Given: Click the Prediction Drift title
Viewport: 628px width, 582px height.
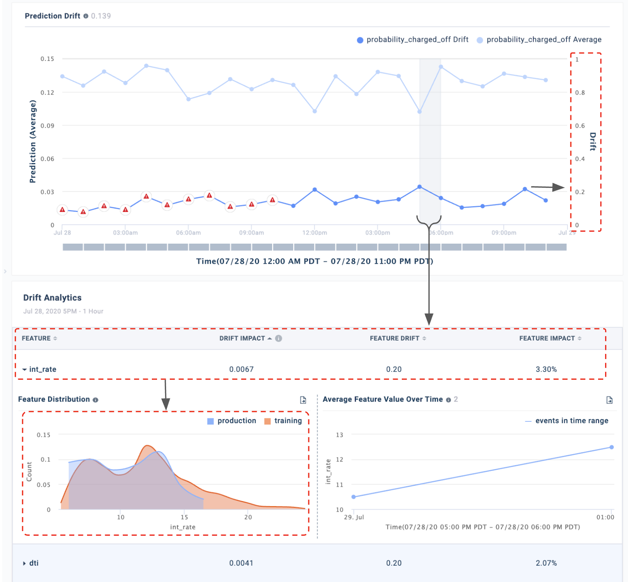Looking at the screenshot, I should click(x=52, y=16).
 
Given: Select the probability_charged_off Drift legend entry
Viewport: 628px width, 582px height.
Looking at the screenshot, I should click(x=413, y=40).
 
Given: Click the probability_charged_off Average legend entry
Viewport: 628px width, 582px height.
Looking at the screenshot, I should click(x=539, y=40).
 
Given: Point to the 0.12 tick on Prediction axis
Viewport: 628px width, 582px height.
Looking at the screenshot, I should click(x=47, y=92).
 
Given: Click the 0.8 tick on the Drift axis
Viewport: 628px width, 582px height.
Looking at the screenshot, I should click(x=580, y=93).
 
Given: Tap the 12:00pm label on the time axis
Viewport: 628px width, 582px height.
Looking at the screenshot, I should click(x=314, y=233).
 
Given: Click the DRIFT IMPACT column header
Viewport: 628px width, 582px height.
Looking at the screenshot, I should click(x=242, y=338).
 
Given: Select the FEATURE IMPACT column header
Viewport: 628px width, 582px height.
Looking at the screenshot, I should click(x=547, y=338).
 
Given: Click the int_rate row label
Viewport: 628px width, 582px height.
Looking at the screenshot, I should click(x=42, y=369).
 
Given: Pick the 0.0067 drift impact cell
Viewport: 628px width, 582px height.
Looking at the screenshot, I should click(x=241, y=369).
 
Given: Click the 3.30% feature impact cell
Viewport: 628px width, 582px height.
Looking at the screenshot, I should click(x=546, y=369).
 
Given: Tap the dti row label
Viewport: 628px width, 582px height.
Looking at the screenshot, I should click(x=34, y=563).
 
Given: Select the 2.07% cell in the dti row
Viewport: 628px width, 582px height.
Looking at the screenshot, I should click(x=546, y=563).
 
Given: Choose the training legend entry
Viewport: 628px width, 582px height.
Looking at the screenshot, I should click(x=283, y=421).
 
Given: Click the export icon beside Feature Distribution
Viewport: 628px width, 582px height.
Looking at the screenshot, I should click(x=303, y=400).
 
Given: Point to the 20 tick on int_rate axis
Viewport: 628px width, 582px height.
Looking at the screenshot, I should click(x=248, y=517).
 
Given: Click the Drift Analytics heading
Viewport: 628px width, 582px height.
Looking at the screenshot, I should click(x=52, y=297).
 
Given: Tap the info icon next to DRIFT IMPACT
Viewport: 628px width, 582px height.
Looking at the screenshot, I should click(x=279, y=338).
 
